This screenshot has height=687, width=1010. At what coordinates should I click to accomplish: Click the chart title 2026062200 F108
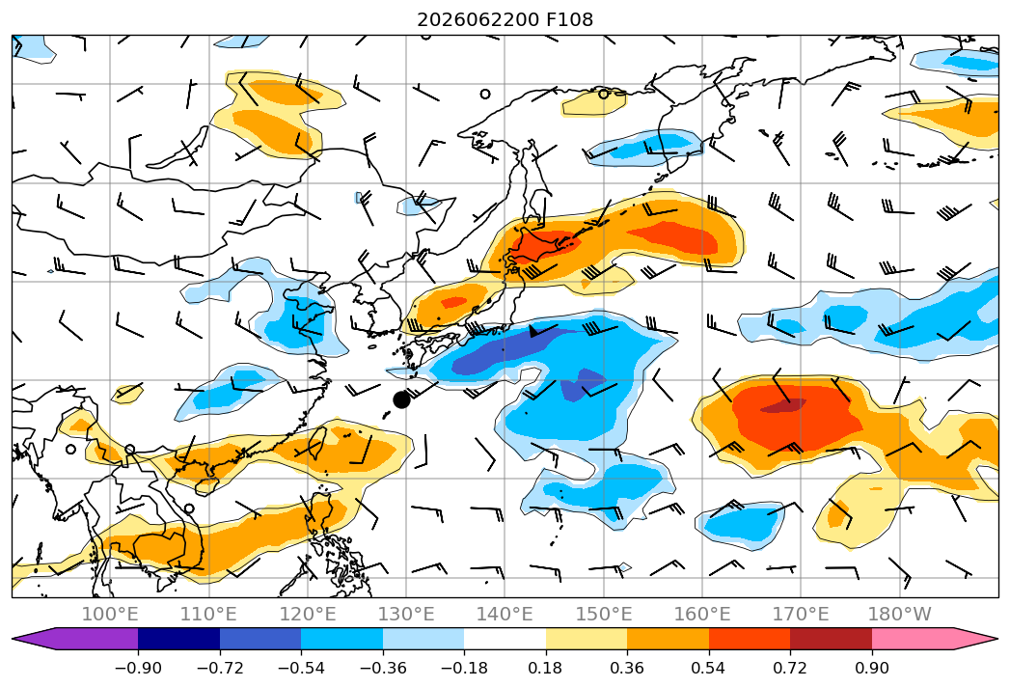[x=505, y=19]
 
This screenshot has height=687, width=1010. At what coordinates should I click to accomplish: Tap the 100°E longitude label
[x=110, y=614]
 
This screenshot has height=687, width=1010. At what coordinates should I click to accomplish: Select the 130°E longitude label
[x=406, y=614]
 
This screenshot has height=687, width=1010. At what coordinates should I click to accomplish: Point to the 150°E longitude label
[x=604, y=614]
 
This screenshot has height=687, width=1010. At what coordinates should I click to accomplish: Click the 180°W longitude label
[x=899, y=614]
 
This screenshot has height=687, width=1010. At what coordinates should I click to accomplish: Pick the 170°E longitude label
[x=801, y=614]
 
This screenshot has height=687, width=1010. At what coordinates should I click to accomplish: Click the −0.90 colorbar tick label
[x=138, y=668]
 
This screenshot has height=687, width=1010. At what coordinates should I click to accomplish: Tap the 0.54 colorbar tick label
[x=708, y=668]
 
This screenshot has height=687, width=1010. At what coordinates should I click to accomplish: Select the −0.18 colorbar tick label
[x=464, y=668]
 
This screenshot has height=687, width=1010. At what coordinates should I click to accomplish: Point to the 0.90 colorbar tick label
[x=871, y=668]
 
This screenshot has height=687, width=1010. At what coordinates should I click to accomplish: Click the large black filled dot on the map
[x=401, y=399]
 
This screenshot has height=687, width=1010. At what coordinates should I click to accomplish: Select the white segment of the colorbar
[x=505, y=639]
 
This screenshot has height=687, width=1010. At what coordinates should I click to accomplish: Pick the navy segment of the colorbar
[x=178, y=639]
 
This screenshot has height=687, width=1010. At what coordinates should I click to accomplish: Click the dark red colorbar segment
[x=831, y=639]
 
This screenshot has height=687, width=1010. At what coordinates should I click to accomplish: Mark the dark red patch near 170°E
[x=783, y=405]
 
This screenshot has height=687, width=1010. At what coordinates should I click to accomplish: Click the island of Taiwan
[x=315, y=442]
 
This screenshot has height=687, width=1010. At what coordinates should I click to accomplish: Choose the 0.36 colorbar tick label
[x=627, y=668]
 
